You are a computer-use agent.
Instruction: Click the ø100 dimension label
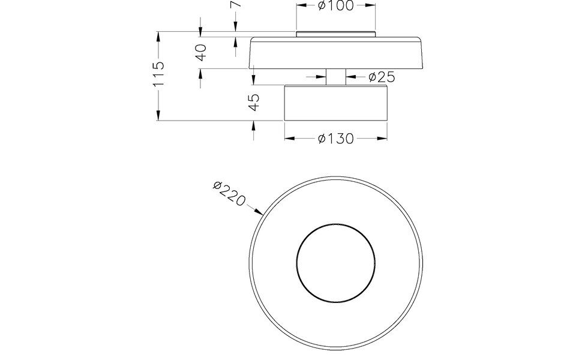tap(335, 6)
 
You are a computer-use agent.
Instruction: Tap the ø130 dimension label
tap(335, 139)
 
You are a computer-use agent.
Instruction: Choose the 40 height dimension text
tap(202, 52)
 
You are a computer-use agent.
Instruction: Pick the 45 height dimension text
tap(254, 101)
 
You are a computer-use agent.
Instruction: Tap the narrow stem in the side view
tap(335, 77)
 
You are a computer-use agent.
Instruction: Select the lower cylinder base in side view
tap(335, 103)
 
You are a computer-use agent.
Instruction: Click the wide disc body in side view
tap(335, 54)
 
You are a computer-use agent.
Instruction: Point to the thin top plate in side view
tap(335, 34)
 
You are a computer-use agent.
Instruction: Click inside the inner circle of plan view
tap(335, 262)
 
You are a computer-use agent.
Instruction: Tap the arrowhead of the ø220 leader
tap(260, 212)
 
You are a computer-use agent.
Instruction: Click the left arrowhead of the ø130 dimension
tap(289, 139)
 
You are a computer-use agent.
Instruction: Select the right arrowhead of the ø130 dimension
tap(382, 139)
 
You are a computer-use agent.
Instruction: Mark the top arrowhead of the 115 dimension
tap(158, 35)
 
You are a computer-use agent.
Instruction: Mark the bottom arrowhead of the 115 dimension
tap(158, 116)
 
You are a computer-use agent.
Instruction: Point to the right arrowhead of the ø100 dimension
tap(371, 6)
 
